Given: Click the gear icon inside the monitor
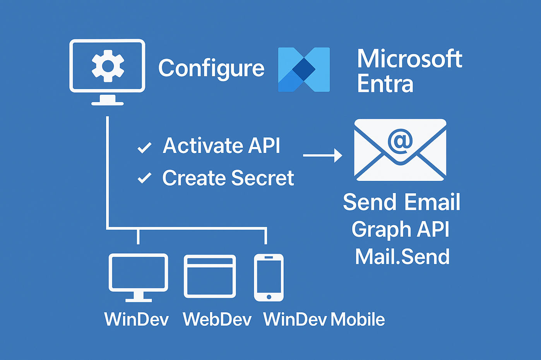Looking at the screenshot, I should point(108,66).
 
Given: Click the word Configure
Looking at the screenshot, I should point(211,68).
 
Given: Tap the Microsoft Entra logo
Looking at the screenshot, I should point(304,70).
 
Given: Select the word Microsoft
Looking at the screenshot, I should point(409,59).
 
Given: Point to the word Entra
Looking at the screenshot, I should point(385,84).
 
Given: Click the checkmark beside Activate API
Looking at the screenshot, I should point(144,147).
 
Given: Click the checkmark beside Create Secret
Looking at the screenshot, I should point(144,178).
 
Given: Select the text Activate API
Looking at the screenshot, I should point(221,146).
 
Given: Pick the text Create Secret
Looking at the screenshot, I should point(228,178).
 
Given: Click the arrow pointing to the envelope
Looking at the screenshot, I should point(322,155).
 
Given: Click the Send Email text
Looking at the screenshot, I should point(401,202).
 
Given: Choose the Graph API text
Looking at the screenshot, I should point(401,229).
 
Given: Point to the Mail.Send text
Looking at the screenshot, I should point(402,257).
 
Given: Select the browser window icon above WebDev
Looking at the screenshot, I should point(210,276).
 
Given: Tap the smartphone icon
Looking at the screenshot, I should point(269,277).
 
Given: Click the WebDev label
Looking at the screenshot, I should point(217,319).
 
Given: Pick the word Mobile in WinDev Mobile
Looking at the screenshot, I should point(358,319).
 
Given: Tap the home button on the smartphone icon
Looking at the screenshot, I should point(269,297).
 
